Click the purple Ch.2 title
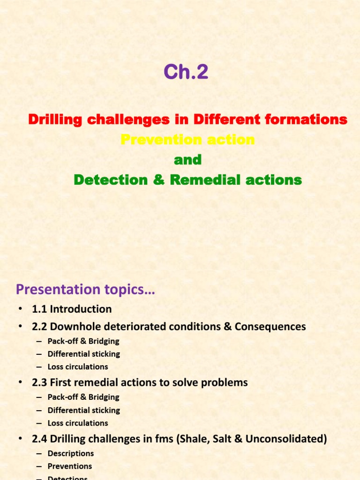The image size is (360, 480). coord(186,73)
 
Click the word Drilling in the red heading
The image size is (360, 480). coord(50,120)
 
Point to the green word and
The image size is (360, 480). coord(187,160)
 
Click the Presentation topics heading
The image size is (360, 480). coord(85,290)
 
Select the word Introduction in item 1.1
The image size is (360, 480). coord(81,309)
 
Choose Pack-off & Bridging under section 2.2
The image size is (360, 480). coord(83,341)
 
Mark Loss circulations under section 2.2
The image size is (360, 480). coord(78,367)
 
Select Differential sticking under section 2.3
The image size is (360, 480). coord(83,410)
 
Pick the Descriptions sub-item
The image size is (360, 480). coord(70,453)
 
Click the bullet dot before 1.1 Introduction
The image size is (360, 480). coord(20,309)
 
